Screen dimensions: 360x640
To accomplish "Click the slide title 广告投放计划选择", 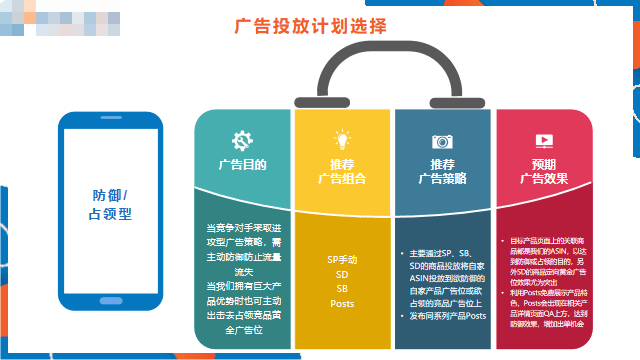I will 310,27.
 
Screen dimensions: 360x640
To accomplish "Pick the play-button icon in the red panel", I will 544,141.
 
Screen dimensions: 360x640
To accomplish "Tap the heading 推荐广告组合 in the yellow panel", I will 342,171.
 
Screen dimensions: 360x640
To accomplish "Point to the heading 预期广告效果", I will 544,171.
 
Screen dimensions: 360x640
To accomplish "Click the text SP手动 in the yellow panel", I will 342,259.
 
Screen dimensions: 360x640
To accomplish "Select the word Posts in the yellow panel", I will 342,303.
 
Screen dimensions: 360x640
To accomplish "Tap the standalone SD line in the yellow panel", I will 342,274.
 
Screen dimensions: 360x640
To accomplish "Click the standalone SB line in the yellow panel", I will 342,288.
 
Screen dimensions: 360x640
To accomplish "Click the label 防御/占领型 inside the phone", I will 110,205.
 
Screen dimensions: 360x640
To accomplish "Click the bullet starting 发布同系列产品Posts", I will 446,316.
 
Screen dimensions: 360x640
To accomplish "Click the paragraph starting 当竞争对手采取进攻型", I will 242,249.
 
